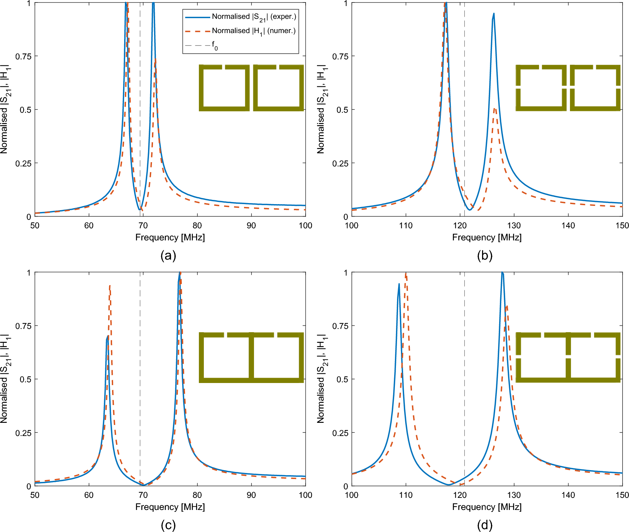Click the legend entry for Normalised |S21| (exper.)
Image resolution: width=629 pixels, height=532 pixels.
(254, 17)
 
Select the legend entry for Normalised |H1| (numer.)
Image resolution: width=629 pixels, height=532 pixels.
(254, 31)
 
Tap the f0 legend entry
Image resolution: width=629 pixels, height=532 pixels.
(215, 45)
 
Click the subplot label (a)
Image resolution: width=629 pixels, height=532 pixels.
(168, 256)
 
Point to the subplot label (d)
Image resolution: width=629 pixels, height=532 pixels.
(485, 525)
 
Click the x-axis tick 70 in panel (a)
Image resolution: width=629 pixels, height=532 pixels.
(143, 225)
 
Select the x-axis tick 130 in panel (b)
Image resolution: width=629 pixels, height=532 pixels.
(514, 225)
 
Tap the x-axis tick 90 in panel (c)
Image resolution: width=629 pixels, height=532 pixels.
(251, 495)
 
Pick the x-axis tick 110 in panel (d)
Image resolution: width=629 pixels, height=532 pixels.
(406, 495)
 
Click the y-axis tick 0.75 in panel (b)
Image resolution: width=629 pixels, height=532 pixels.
(339, 56)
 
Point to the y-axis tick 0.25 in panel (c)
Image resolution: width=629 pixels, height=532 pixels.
(23, 433)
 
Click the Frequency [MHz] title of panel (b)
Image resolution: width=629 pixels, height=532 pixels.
(487, 237)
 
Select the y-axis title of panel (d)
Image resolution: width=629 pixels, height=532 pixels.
(321, 379)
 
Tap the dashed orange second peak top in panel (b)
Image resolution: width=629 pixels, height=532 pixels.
(495, 108)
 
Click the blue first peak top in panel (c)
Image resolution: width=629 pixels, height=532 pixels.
(107, 336)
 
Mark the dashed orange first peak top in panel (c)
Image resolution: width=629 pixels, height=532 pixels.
(110, 286)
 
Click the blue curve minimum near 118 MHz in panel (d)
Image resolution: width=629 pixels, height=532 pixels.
(449, 485)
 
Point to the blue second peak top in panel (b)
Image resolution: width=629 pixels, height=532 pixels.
(494, 14)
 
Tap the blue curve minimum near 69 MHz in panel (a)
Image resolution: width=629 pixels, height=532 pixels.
(139, 209)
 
